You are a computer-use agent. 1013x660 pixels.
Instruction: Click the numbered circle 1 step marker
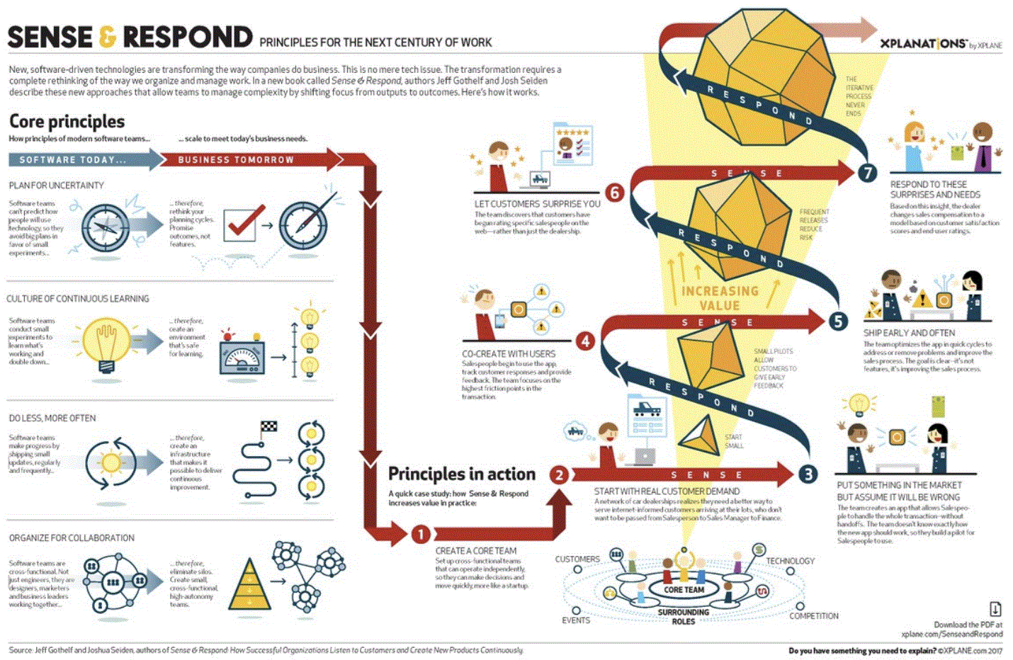click(x=420, y=534)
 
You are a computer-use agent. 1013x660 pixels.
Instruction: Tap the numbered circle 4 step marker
click(x=585, y=341)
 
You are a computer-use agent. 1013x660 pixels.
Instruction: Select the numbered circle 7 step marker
click(x=867, y=173)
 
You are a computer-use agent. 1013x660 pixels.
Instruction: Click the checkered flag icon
click(x=268, y=427)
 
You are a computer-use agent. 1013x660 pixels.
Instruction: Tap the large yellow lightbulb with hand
click(x=106, y=343)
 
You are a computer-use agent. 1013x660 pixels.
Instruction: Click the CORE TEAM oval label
click(x=684, y=589)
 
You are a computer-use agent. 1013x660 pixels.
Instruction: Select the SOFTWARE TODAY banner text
click(x=73, y=160)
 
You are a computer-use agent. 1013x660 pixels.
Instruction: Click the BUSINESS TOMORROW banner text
click(x=236, y=160)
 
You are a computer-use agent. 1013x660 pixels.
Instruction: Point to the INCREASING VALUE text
click(x=720, y=298)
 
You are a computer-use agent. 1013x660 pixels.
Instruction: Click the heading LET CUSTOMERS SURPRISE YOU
click(x=537, y=204)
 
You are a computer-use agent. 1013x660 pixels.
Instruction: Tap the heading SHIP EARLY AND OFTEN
click(x=909, y=333)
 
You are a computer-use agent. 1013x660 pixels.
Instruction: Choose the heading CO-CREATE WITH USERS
click(x=509, y=354)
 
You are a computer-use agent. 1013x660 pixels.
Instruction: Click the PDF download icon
click(x=995, y=609)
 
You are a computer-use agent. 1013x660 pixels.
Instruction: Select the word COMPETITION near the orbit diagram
click(x=814, y=616)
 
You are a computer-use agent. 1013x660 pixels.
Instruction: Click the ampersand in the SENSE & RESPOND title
click(x=107, y=37)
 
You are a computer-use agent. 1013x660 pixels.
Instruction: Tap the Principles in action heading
click(x=462, y=474)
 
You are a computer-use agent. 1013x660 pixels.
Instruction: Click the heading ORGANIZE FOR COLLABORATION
click(x=72, y=538)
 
